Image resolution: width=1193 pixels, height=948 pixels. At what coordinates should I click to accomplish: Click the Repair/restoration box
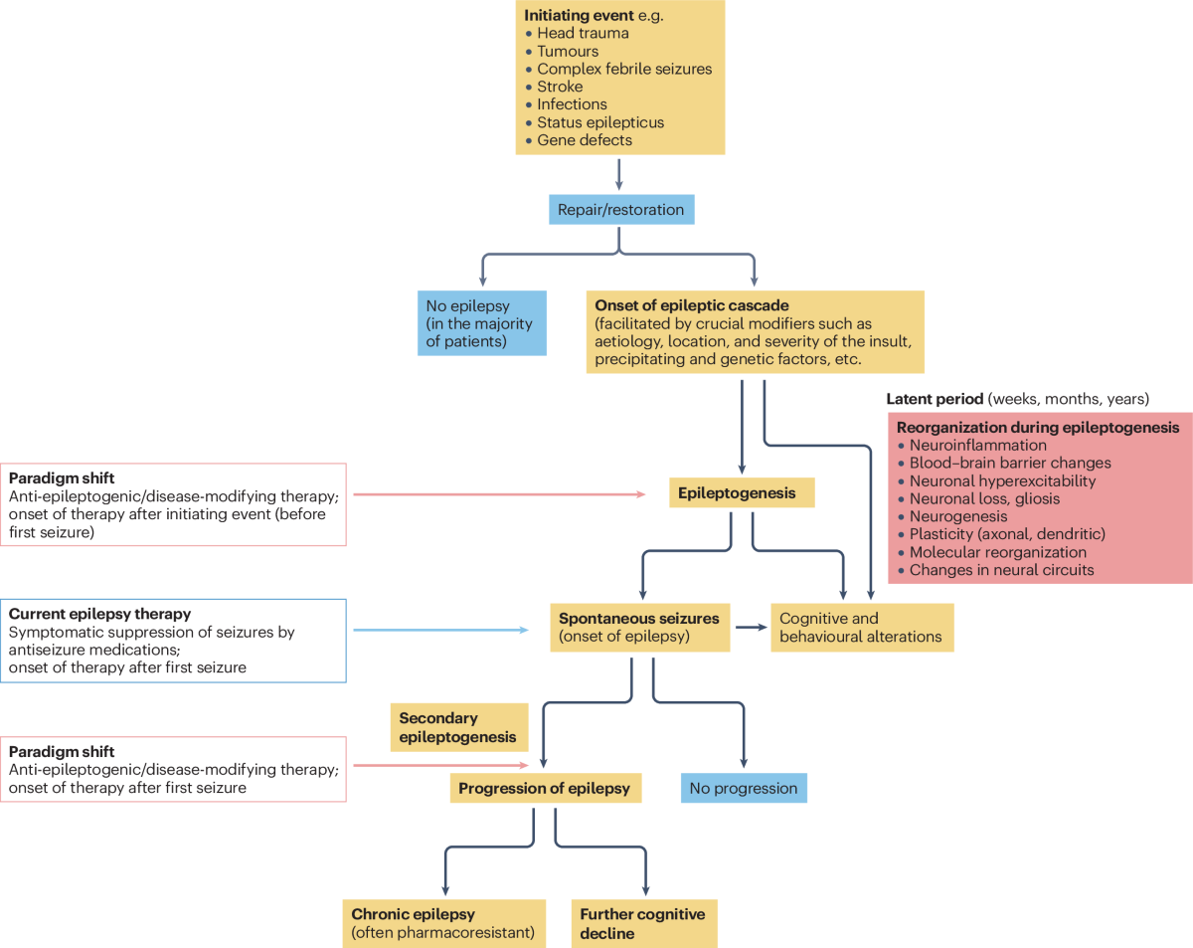point(620,210)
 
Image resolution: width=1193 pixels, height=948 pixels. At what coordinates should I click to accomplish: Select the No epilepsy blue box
point(481,323)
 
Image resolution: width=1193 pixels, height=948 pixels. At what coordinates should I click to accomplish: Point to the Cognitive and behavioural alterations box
point(862,627)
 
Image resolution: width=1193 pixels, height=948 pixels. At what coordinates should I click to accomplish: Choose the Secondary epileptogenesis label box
point(458,727)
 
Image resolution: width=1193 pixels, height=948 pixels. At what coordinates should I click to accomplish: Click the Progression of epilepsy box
point(544,789)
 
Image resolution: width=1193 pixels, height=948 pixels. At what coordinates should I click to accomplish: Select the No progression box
point(744,789)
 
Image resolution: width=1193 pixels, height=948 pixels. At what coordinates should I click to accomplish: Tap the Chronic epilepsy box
point(443,922)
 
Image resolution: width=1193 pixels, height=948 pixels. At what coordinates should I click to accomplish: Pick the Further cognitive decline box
point(643,922)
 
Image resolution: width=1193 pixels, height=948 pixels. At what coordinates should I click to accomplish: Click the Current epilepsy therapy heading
point(99,615)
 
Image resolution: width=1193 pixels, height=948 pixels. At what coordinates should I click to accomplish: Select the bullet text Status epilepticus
point(600,122)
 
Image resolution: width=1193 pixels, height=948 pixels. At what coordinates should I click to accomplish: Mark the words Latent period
point(934,399)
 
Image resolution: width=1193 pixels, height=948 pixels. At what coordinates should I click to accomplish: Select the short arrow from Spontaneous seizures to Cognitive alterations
point(752,627)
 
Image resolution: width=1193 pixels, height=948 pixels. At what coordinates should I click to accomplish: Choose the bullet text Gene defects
point(585,140)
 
